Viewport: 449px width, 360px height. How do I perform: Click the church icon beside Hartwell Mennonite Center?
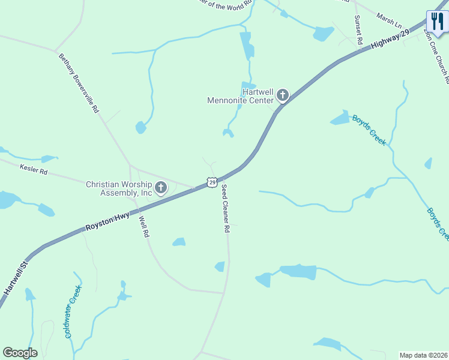(x=282, y=95)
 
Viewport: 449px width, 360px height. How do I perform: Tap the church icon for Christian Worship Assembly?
(x=161, y=188)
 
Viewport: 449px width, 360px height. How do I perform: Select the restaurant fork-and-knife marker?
(x=436, y=22)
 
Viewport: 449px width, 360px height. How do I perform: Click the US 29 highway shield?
(x=212, y=181)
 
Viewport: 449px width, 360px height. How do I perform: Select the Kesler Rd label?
(x=34, y=171)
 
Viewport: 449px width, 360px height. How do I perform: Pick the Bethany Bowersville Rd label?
(x=79, y=83)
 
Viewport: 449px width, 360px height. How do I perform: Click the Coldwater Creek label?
(x=73, y=311)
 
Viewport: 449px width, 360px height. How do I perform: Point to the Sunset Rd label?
(x=358, y=31)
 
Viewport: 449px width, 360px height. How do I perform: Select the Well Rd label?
(x=143, y=227)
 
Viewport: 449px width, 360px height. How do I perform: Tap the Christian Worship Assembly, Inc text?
(x=119, y=189)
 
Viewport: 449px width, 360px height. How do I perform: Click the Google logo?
(x=20, y=353)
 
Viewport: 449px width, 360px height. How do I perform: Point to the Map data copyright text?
(x=423, y=355)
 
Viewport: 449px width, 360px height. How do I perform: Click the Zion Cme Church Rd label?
(x=437, y=57)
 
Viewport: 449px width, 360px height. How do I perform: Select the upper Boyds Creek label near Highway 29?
(x=369, y=130)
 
